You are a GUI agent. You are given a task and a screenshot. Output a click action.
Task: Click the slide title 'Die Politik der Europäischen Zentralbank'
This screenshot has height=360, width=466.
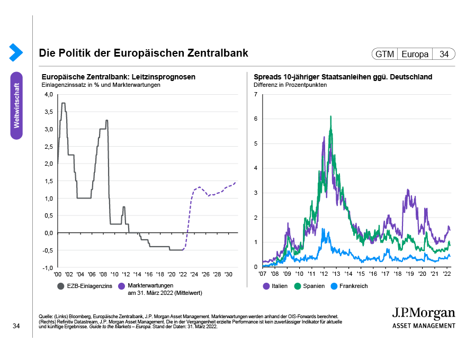[x=143, y=53]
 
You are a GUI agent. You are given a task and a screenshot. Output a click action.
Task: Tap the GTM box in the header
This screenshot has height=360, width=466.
[x=385, y=54]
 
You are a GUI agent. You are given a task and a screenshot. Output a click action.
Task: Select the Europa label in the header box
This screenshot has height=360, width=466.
[x=415, y=54]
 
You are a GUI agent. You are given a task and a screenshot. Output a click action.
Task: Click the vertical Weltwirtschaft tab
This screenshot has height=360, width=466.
[x=16, y=105]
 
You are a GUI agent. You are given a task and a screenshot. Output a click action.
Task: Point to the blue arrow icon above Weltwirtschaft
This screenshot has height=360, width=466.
[x=16, y=52]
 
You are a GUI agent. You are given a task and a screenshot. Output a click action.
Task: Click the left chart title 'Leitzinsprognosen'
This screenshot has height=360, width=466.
[x=118, y=77]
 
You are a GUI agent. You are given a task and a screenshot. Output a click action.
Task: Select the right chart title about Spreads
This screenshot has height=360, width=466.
[x=343, y=77]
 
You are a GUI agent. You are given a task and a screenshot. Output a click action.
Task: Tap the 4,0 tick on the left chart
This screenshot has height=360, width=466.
[x=49, y=95]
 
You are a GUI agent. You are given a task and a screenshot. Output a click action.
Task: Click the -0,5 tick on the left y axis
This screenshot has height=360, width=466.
[x=48, y=250]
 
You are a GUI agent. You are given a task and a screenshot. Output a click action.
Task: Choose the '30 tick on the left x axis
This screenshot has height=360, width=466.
[x=228, y=274]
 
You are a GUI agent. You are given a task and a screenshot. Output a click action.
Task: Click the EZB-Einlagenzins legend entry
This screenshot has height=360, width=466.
[x=85, y=286]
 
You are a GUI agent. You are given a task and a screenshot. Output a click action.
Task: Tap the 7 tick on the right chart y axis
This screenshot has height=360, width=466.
[x=256, y=95]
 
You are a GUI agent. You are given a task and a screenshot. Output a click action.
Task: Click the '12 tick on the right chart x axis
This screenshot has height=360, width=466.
[x=324, y=274]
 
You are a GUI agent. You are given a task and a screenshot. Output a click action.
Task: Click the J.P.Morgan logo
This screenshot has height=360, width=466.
[x=423, y=316]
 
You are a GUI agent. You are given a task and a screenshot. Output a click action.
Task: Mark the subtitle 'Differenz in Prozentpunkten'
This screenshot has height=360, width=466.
[x=290, y=85]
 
